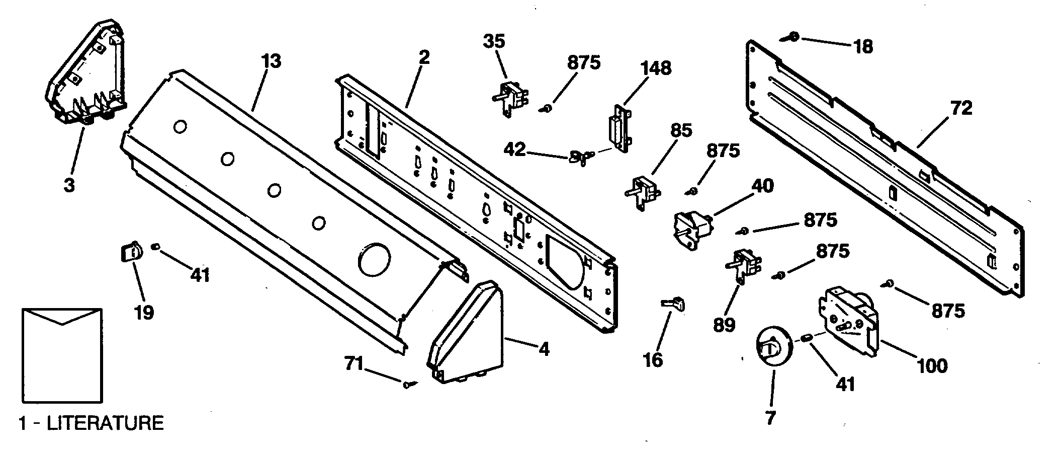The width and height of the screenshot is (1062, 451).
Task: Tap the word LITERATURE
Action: tap(105, 423)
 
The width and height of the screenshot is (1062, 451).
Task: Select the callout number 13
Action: tap(271, 62)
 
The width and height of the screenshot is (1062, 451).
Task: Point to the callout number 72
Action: tap(961, 108)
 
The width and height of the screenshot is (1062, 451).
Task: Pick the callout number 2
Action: tap(424, 58)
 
